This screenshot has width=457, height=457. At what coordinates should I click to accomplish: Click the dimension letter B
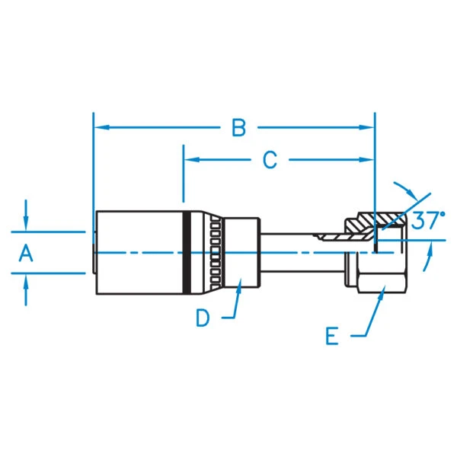239,128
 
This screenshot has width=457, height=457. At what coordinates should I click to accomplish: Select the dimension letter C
270,160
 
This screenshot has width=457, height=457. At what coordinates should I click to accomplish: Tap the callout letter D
202,318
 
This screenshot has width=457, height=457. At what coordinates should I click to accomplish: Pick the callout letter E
332,336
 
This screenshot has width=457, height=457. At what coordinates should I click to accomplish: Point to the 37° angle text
427,221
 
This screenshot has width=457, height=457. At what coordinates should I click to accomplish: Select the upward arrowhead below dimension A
27,280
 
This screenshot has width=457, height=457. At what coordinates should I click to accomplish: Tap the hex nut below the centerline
371,274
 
